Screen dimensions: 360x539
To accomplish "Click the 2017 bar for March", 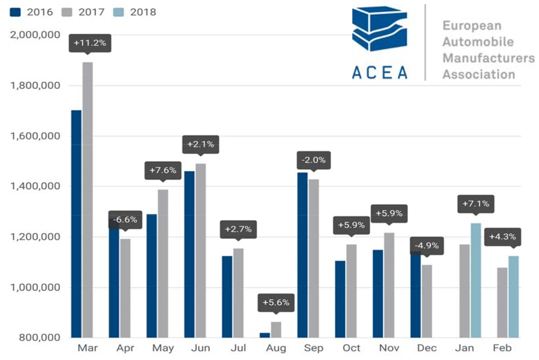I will [87, 200].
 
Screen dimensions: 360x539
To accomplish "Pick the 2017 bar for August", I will [276, 329].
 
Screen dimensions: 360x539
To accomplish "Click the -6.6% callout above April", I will [124, 219].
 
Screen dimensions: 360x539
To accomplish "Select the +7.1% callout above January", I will [475, 204].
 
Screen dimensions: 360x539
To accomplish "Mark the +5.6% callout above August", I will [276, 303].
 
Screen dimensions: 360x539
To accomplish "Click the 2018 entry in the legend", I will [136, 12].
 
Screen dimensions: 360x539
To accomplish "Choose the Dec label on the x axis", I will [426, 348].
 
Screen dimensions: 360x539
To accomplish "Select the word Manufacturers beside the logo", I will [488, 57].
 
